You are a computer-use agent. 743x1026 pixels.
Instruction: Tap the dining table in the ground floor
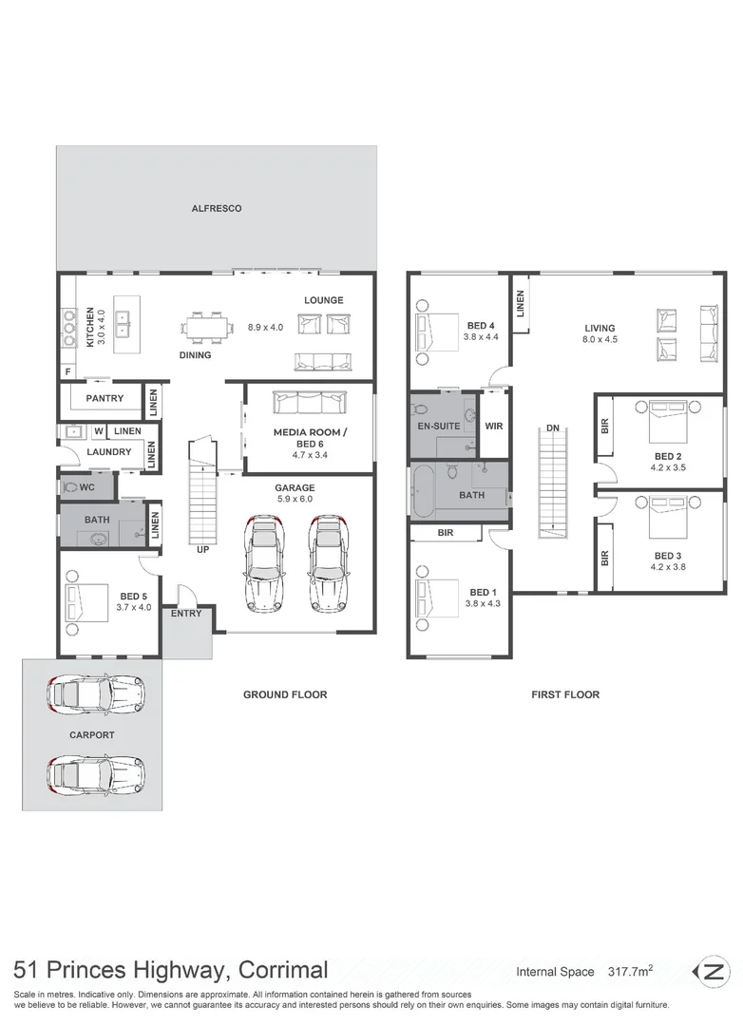[206, 327]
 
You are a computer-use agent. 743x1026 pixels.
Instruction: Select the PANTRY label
[105, 399]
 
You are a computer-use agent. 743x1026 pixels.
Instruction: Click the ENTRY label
[186, 615]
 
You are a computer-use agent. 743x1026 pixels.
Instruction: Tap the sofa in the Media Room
[309, 404]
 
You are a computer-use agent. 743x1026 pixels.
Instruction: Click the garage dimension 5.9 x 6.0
[295, 500]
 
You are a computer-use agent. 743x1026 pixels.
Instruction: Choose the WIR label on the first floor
[493, 427]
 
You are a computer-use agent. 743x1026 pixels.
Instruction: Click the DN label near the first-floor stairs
[552, 427]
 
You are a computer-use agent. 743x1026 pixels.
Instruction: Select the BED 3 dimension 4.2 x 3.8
[668, 567]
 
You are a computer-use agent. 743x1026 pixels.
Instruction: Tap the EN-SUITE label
[439, 427]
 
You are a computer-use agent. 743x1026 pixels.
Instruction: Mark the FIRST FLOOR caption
[565, 695]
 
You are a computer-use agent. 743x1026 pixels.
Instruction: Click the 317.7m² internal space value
[629, 972]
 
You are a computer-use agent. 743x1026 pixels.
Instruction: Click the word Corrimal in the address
[282, 971]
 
